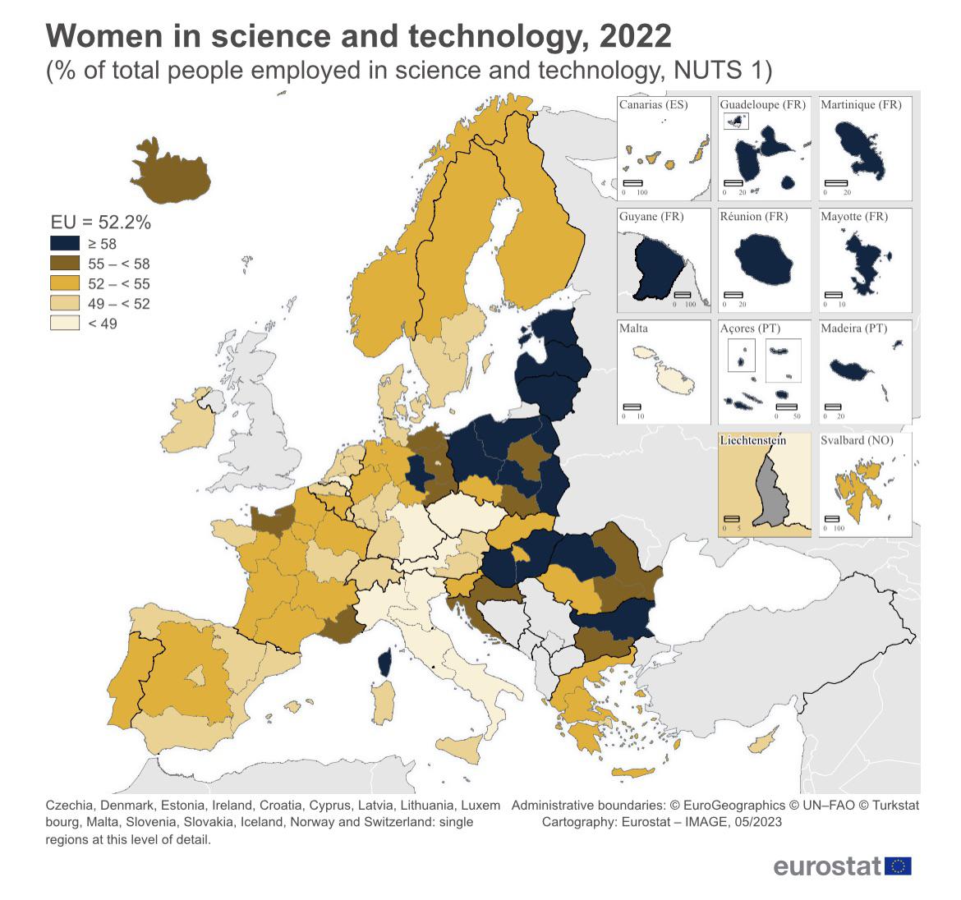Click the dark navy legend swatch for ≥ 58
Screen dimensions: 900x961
tap(65, 244)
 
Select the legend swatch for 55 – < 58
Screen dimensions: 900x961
tap(65, 264)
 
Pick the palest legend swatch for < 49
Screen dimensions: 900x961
tap(65, 324)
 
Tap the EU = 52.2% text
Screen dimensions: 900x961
tap(101, 223)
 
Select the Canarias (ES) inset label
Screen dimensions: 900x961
tap(654, 105)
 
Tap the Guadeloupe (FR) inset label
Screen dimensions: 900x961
tap(762, 105)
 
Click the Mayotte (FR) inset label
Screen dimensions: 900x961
tap(854, 217)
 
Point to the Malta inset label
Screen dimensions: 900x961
tap(633, 328)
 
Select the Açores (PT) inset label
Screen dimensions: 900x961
tap(750, 328)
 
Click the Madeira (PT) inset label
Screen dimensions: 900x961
tap(853, 328)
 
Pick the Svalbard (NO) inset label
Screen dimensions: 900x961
tap(857, 440)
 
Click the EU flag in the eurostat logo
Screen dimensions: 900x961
tap(899, 866)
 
